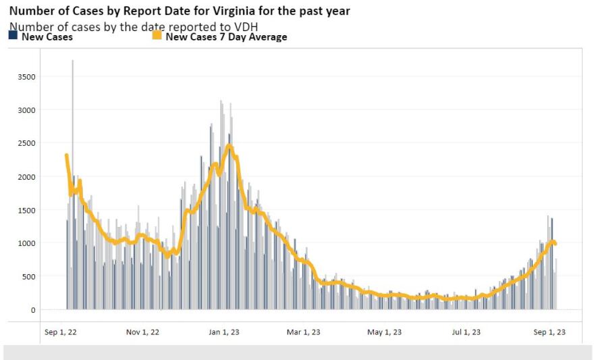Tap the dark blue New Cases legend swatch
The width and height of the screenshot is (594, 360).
click(x=13, y=37)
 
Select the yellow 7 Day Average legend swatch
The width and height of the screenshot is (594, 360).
click(x=157, y=37)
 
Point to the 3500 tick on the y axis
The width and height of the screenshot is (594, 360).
click(x=27, y=77)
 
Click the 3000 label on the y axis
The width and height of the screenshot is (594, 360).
click(x=27, y=110)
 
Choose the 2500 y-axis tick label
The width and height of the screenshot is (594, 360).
click(x=27, y=143)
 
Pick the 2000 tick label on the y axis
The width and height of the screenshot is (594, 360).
click(x=27, y=177)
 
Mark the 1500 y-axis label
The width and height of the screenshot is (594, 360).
click(x=27, y=210)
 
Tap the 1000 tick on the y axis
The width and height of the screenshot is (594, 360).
click(x=27, y=243)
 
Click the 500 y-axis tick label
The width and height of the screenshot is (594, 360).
click(x=29, y=277)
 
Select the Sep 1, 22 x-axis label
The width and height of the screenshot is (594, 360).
click(x=60, y=332)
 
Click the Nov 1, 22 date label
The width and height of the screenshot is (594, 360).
click(x=142, y=332)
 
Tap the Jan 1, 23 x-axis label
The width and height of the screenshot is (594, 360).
click(x=223, y=332)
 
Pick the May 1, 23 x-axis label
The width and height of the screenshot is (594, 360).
click(x=384, y=332)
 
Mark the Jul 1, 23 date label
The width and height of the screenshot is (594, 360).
click(x=466, y=332)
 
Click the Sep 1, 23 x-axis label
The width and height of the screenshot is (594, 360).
click(x=548, y=332)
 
